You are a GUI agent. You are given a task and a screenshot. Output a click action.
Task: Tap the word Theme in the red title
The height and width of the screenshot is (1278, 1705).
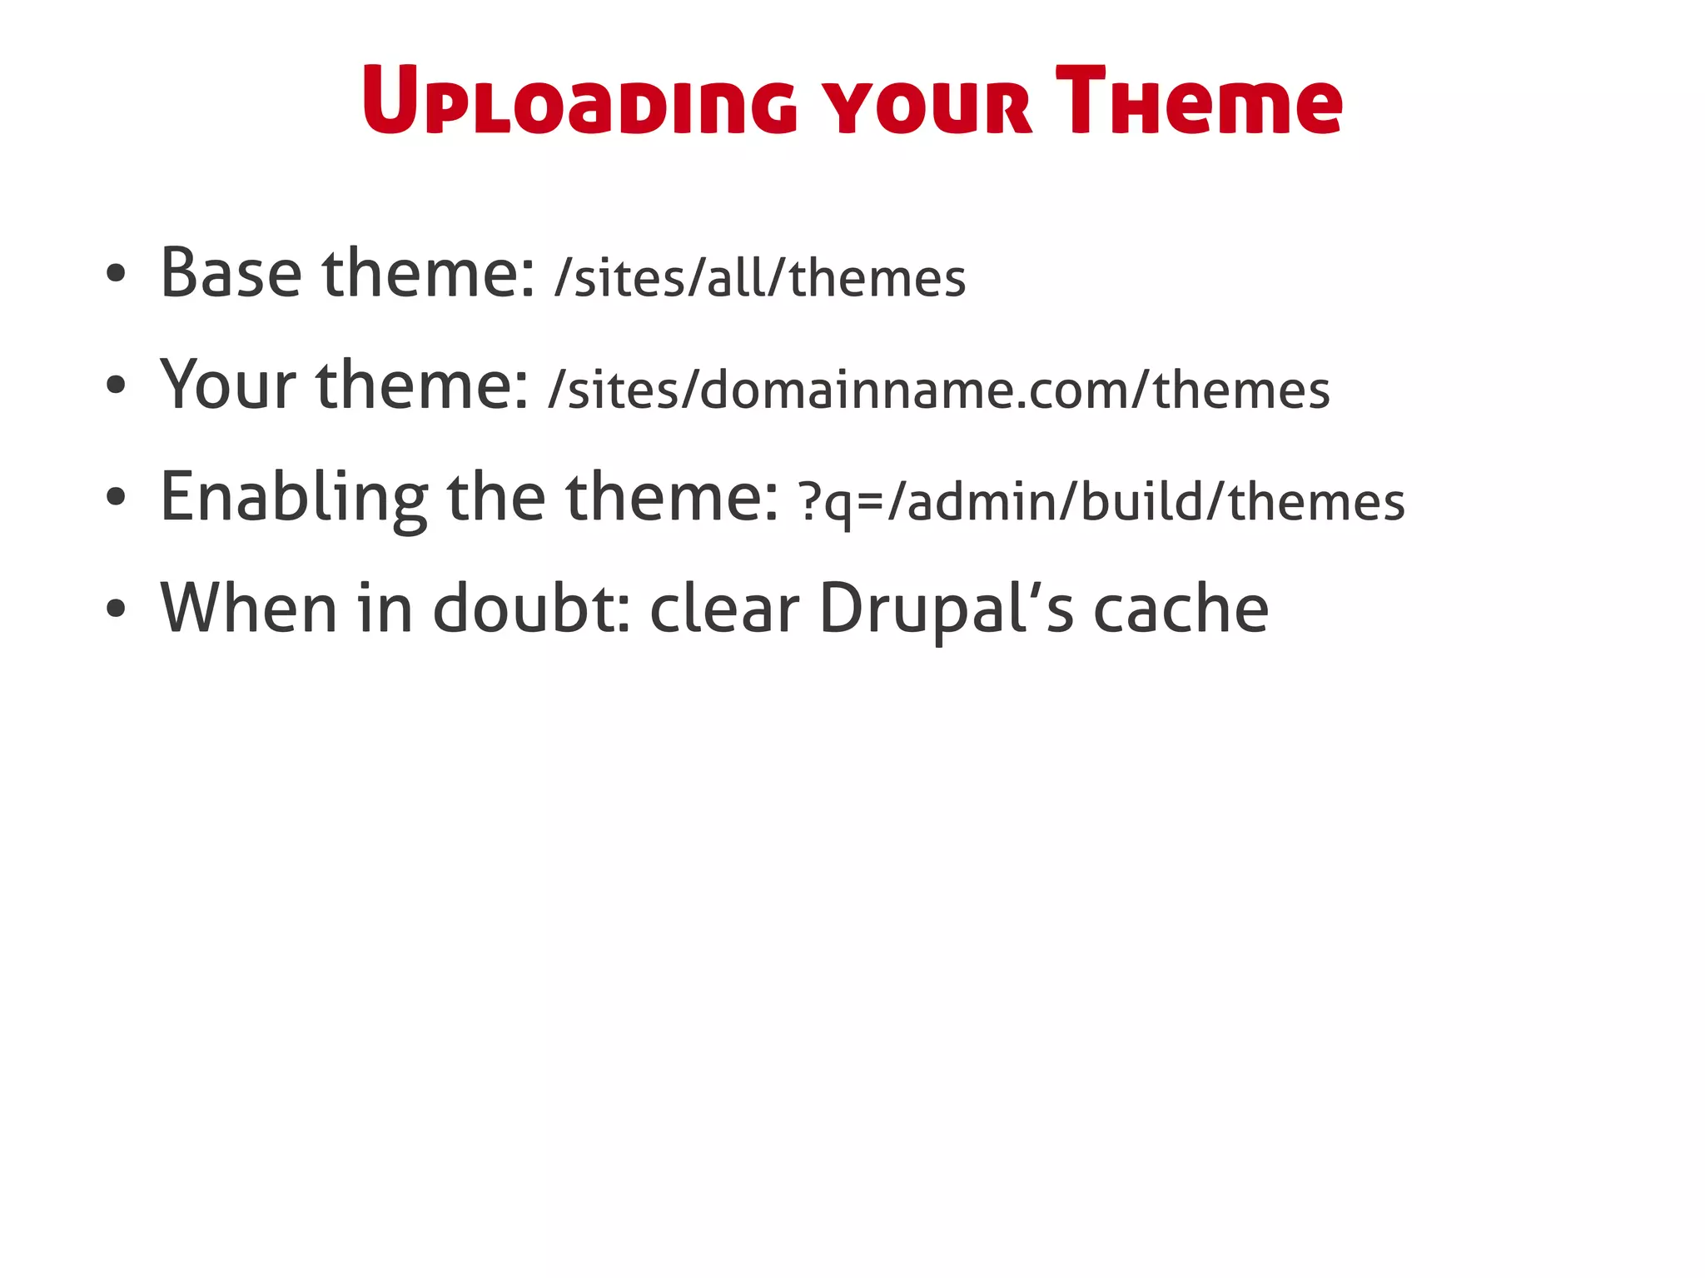coord(1198,102)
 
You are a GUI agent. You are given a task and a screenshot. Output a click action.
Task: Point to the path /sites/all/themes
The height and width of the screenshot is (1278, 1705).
coord(760,278)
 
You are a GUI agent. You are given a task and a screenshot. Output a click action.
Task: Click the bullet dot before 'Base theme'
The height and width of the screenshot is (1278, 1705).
coord(116,274)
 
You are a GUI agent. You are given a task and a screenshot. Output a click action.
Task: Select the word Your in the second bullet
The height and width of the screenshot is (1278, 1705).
coord(228,385)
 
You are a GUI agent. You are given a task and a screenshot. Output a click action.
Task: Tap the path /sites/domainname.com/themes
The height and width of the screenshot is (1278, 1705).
coord(939,390)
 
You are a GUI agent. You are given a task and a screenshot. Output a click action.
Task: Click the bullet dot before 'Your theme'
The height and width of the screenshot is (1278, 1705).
coord(116,385)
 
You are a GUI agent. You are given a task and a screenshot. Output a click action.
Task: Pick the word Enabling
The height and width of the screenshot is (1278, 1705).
coord(294,498)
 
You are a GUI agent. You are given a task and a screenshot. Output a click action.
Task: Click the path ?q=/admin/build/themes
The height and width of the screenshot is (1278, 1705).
coord(1101,502)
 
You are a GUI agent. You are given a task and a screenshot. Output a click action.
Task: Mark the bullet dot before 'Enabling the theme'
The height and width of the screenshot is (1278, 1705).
coord(116,498)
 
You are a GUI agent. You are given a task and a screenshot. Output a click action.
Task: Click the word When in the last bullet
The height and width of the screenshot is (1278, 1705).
coord(247,609)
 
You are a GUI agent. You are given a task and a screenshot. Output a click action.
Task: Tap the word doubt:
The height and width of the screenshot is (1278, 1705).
coord(531,609)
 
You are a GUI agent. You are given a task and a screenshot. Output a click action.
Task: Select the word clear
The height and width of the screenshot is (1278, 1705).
coord(723,609)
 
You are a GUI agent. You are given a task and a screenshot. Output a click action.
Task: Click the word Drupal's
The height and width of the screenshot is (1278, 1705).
coord(947,609)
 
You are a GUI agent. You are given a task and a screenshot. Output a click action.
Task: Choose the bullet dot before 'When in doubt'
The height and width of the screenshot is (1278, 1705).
coord(116,609)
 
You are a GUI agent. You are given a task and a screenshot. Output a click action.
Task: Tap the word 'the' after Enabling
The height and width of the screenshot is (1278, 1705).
coord(496,498)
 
